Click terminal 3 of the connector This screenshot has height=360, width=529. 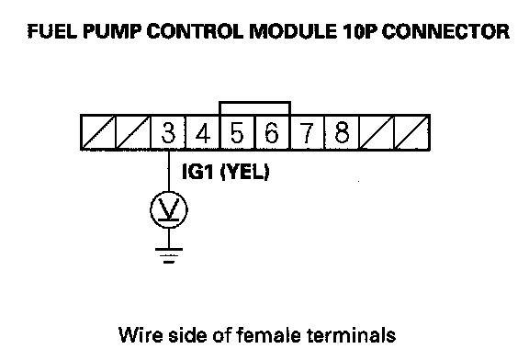[168, 132]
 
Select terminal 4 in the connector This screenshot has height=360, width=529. [203, 132]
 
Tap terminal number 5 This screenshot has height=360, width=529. [238, 132]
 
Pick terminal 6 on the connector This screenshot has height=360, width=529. [272, 132]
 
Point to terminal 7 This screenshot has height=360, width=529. [307, 132]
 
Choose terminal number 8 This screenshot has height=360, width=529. [342, 132]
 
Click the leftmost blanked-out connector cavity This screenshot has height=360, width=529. [98, 132]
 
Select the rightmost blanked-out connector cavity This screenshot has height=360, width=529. [412, 132]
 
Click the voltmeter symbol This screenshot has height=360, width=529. [169, 210]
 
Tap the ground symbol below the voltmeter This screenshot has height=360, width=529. [169, 255]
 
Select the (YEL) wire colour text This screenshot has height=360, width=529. [245, 172]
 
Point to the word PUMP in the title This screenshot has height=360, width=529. [112, 31]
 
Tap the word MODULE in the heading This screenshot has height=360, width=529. [292, 31]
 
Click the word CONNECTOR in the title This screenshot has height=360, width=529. [445, 31]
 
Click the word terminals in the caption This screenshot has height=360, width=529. [352, 335]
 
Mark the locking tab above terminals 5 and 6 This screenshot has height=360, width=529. [254, 102]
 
